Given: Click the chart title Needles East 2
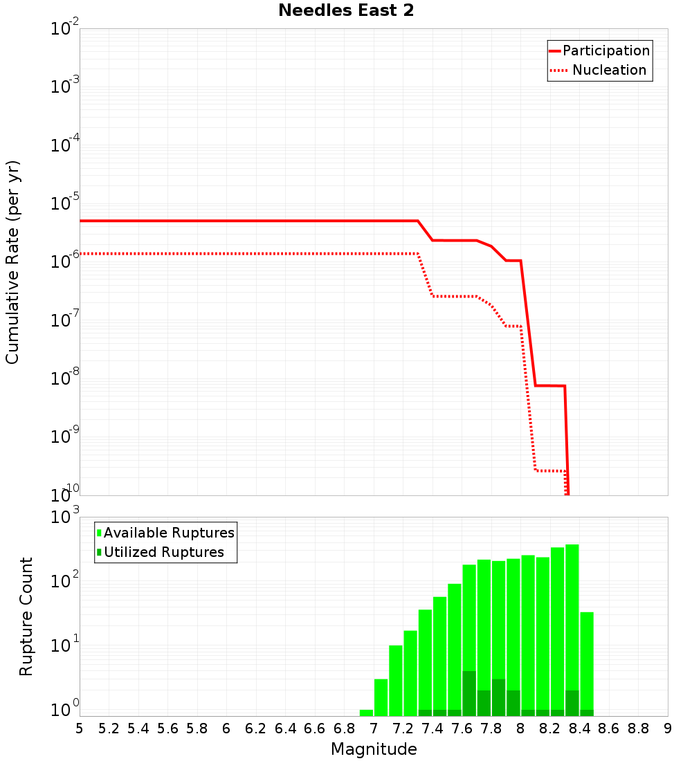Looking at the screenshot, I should point(346,11).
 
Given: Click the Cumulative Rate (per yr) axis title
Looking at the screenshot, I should point(12,262).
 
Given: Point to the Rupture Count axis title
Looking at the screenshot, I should point(26,616).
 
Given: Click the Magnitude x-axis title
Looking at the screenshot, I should point(374,749).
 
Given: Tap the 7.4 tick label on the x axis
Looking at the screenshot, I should point(432,728).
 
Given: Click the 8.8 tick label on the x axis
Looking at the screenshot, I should point(638,728).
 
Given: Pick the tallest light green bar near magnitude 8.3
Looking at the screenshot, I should point(572,623).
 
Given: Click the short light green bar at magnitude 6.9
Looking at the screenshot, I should point(366,713).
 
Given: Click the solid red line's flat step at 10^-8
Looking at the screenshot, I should point(550,385).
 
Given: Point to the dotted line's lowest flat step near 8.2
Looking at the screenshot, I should point(550,470).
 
